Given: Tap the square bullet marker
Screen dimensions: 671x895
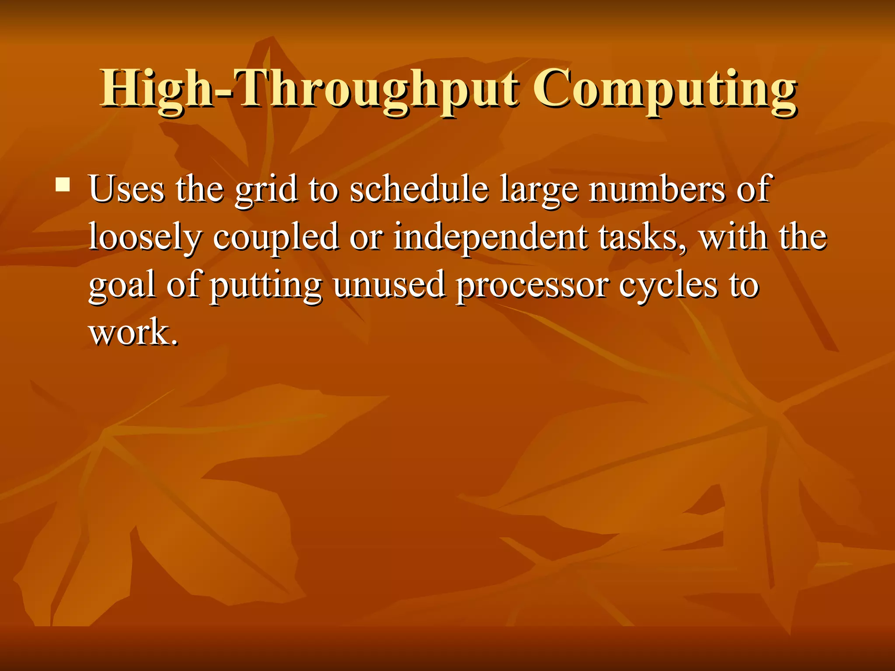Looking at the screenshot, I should tap(63, 184).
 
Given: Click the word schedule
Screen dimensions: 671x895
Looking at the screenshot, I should tap(419, 189).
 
